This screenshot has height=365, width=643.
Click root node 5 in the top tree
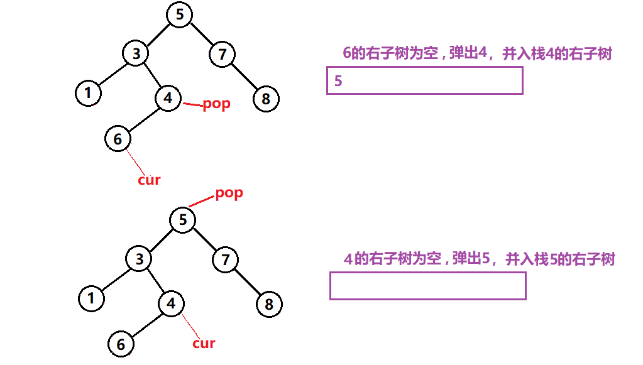click(x=180, y=14)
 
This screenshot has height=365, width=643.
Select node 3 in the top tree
click(x=135, y=53)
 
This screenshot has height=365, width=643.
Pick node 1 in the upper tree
click(x=88, y=94)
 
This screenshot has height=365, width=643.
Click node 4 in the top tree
click(x=167, y=99)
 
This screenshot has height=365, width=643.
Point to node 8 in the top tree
click(x=266, y=99)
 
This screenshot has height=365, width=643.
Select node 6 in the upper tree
click(x=118, y=139)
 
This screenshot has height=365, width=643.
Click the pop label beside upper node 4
click(x=216, y=104)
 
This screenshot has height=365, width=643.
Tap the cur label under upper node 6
click(x=149, y=180)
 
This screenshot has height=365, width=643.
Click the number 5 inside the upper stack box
click(x=339, y=81)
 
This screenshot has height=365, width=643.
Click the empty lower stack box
click(x=427, y=286)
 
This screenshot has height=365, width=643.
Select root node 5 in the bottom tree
click(x=182, y=220)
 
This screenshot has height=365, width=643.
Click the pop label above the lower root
click(x=229, y=193)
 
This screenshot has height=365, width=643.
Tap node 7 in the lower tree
click(x=224, y=259)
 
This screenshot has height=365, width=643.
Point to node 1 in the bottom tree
click(x=91, y=298)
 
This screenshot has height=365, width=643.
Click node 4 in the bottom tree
click(x=170, y=304)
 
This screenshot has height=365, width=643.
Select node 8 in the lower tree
click(x=269, y=305)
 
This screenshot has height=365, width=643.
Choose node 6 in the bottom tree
click(x=121, y=344)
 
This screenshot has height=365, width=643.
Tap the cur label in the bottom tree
click(x=204, y=344)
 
